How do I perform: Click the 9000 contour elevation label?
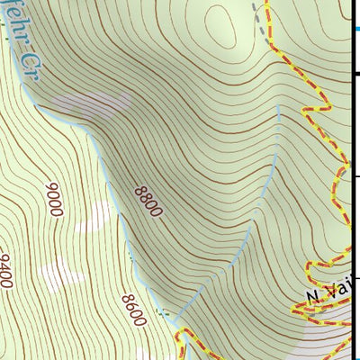54,200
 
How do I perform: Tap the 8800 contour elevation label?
148,202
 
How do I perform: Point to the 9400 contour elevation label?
6,270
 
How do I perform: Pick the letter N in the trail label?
312,296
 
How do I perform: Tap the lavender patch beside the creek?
86,106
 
